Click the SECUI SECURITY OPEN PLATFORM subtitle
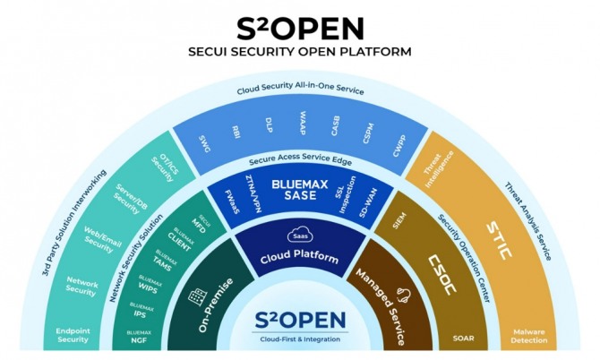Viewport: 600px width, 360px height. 300,51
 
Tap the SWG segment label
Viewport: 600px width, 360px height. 206,141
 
